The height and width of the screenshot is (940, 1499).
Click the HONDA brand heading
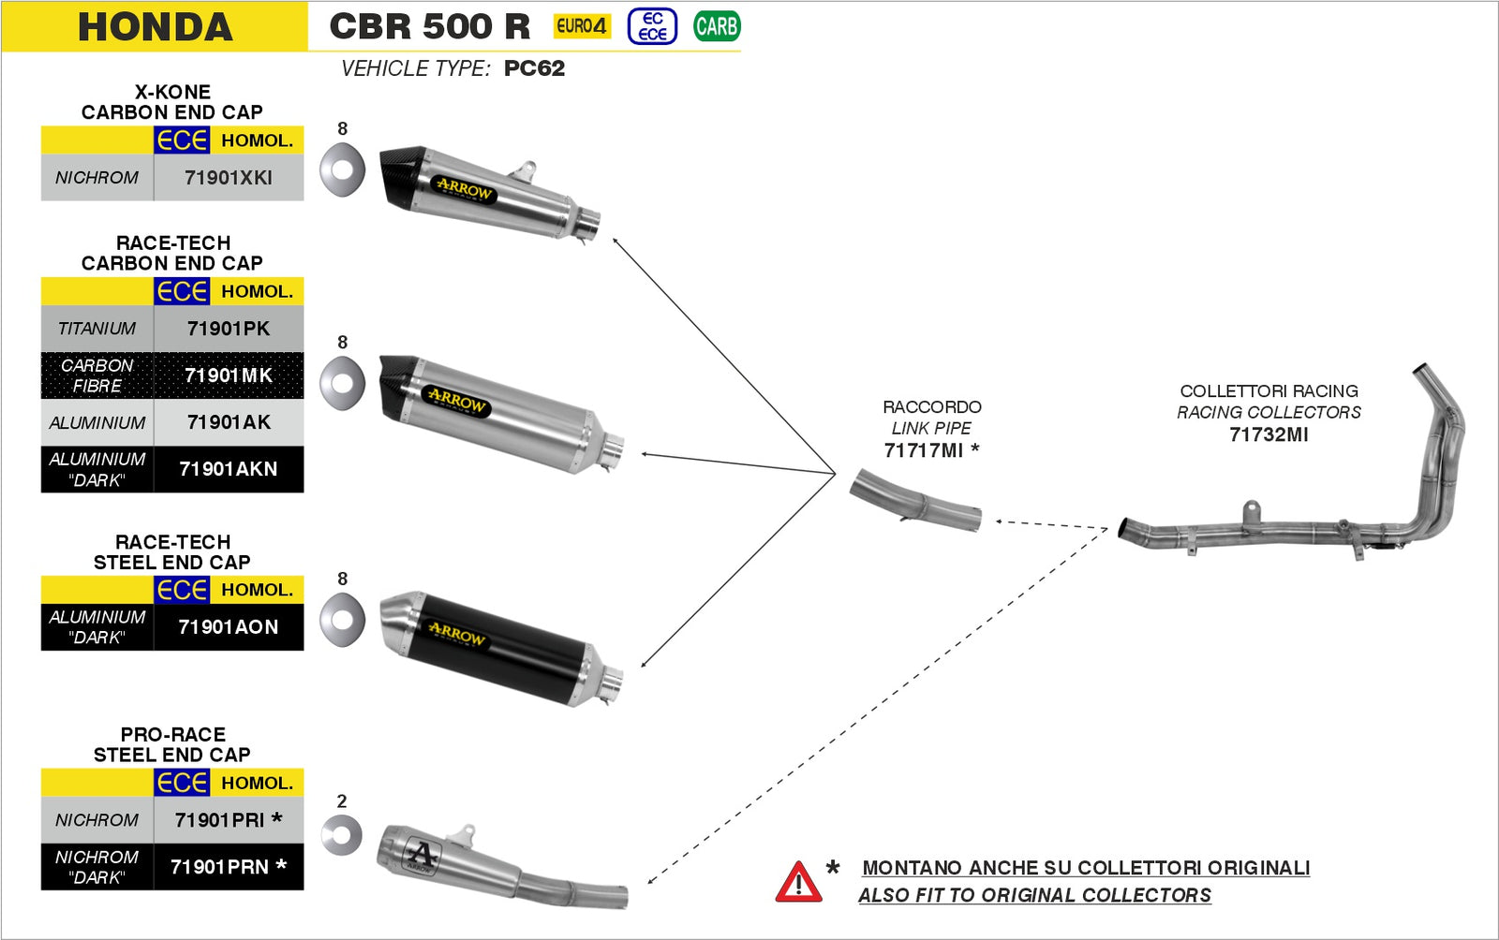pos(155,26)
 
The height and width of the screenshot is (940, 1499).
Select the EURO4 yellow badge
pos(582,26)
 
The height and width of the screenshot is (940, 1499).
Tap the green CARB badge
pos(717,26)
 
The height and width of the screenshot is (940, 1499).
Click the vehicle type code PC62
pos(534,68)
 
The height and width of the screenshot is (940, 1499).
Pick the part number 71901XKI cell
pos(229,177)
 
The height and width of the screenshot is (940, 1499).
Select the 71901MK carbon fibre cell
pos(229,375)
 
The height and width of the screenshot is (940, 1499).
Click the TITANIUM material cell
pos(96,329)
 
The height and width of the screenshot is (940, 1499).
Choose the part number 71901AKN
pos(229,469)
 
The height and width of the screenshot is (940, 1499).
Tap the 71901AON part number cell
pos(229,627)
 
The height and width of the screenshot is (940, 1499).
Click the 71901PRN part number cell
pos(228,867)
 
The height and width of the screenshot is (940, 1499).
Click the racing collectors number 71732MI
pos(1269,434)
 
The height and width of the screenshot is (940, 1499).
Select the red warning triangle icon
pos(798,882)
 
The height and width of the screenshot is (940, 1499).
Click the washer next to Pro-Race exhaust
pos(341,835)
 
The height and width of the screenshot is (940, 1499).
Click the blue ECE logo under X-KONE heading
pos(182,140)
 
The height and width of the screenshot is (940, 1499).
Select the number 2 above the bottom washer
pos(342,801)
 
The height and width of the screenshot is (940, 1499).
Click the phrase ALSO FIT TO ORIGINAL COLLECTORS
pos(1034,895)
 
